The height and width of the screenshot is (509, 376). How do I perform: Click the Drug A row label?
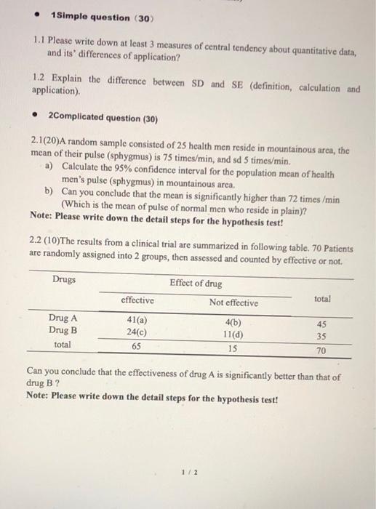tap(63, 318)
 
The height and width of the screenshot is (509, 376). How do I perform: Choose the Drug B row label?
tap(63, 331)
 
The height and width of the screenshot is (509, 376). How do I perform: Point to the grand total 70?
tap(321, 350)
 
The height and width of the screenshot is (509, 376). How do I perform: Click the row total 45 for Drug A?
tap(321, 324)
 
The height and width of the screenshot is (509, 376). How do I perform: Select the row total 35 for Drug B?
tap(321, 337)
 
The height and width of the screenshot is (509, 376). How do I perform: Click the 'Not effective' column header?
tap(233, 302)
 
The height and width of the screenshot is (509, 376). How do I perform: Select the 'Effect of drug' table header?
tap(196, 283)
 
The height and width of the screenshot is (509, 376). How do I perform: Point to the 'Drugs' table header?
tap(64, 280)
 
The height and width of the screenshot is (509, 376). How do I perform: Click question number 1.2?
tap(41, 76)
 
